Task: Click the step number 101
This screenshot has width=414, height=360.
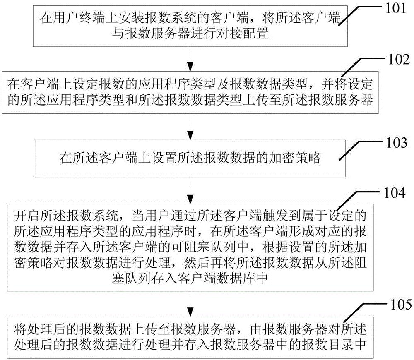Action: tap(395, 8)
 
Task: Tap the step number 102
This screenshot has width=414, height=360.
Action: tap(399, 60)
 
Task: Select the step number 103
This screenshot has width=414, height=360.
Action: tap(397, 143)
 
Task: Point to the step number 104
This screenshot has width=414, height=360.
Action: tap(395, 193)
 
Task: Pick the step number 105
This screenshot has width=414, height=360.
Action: tap(401, 305)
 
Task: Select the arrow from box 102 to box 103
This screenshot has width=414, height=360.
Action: tap(190, 127)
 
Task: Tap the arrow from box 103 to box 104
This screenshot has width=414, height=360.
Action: tap(190, 190)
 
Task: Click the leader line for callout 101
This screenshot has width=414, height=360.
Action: tap(361, 14)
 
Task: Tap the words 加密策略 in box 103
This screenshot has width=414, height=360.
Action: tap(294, 158)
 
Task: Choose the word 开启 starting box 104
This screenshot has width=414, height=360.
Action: tap(27, 216)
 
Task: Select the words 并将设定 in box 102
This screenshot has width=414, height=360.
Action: tap(347, 84)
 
